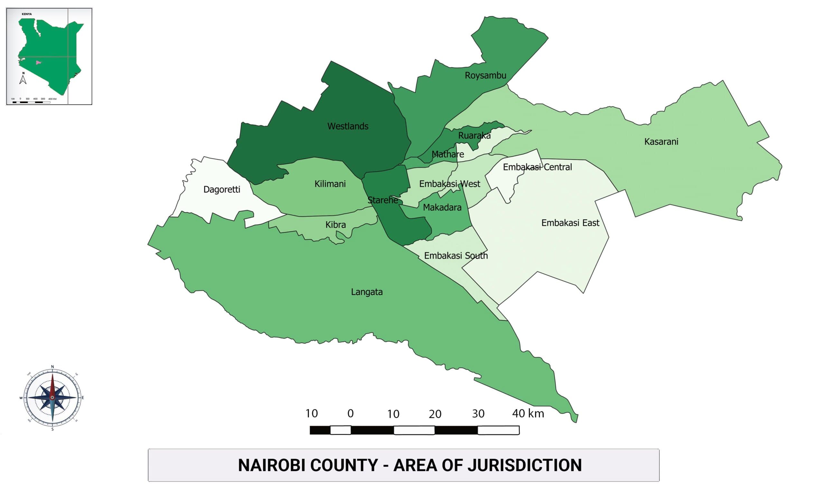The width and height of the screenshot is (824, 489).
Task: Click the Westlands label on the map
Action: pos(348,126)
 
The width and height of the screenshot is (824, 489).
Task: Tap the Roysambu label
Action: pos(485,76)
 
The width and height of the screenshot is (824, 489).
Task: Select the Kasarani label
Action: pos(661,142)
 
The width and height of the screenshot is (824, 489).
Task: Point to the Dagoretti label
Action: pos(221,189)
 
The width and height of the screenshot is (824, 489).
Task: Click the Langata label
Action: pos(367,292)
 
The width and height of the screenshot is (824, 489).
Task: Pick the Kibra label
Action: pos(335,225)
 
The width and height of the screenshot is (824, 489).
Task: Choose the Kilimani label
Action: pos(330,184)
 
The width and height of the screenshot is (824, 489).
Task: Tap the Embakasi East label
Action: pos(570,223)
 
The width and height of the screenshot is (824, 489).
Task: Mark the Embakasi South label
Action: pos(455,256)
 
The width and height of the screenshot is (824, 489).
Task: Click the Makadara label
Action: pos(442,207)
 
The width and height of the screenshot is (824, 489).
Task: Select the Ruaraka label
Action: pos(474,135)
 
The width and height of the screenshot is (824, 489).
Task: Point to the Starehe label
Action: pos(382,200)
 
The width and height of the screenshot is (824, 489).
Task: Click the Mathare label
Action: pos(447,154)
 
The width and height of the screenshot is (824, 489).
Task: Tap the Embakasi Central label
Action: pos(537,167)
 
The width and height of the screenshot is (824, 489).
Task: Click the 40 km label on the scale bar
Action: pos(528,413)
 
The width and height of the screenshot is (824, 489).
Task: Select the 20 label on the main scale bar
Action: pos(435,414)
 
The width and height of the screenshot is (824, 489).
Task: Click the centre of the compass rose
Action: pos(52,397)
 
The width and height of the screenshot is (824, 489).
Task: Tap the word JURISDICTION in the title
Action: pos(524,465)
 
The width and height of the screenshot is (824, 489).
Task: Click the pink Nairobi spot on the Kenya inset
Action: pos(38,62)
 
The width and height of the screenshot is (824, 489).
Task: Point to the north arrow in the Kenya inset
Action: pos(23,79)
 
